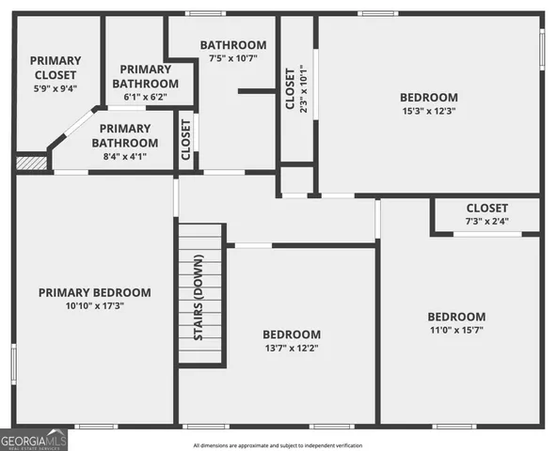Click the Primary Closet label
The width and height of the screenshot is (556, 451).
pos(55,68)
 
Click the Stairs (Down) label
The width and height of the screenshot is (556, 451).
pos(199,296)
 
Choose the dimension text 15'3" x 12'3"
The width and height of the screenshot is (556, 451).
pos(428,112)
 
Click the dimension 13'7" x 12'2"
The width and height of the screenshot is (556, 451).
pos(291,349)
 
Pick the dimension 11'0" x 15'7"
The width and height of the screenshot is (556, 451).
pos(456,331)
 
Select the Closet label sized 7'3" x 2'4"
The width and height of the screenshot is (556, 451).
pos(486,208)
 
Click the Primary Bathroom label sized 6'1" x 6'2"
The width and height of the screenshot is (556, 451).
pos(147,76)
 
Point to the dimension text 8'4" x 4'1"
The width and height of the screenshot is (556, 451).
pos(124,156)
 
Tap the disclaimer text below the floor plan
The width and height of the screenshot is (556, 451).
pos(278,445)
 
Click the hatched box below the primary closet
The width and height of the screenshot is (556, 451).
pos(31,163)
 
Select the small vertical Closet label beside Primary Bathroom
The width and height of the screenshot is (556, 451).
pos(185,138)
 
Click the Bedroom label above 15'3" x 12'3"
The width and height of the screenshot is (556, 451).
pos(428,97)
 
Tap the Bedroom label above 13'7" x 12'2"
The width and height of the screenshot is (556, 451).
pos(291,334)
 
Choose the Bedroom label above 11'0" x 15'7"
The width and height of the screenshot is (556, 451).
pos(456,317)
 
